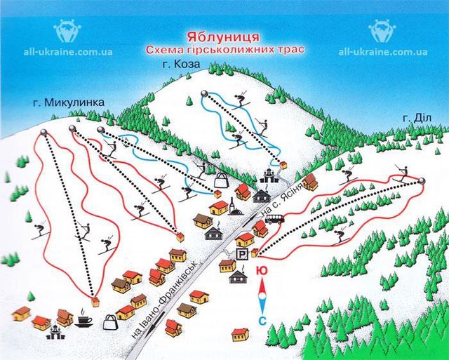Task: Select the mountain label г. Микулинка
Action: [68, 102]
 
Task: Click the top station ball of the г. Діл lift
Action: [422, 182]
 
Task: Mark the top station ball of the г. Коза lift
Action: [204, 93]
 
